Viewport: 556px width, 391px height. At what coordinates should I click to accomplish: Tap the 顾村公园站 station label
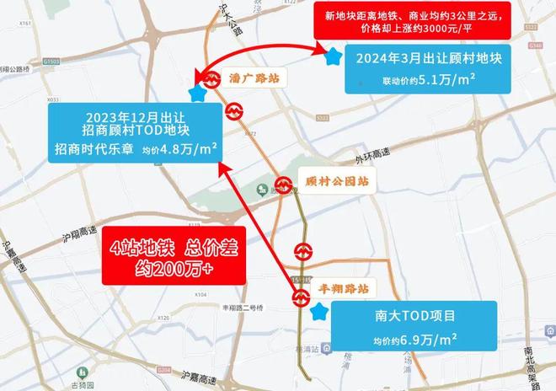327,181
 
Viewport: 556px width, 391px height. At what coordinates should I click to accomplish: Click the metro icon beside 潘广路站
233,110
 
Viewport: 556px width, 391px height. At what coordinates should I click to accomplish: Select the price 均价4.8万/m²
179,149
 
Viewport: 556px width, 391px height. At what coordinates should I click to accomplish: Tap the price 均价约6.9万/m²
416,339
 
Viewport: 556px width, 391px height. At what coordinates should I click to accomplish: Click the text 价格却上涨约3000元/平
414,29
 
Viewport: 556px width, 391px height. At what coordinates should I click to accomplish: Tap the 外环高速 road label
372,153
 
